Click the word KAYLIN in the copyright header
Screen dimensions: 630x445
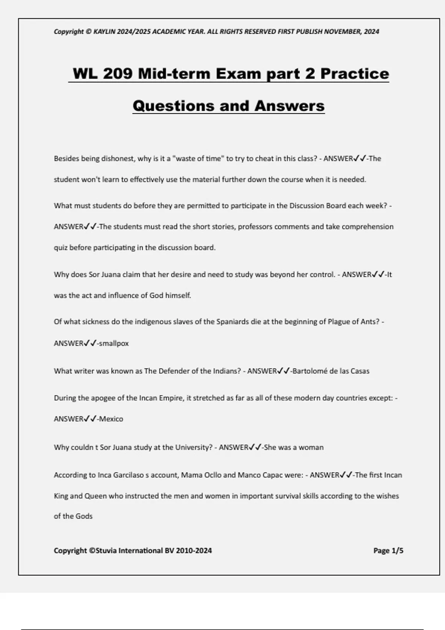104,31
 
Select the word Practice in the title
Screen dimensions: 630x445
355,73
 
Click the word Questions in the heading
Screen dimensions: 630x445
172,106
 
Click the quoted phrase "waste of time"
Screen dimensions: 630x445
199,159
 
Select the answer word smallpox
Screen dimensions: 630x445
114,343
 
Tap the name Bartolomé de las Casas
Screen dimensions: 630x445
331,371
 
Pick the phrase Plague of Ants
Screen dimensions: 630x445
353,322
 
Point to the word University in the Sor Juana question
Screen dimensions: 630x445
193,447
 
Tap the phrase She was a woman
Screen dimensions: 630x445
294,447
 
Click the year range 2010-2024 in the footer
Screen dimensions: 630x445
194,551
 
